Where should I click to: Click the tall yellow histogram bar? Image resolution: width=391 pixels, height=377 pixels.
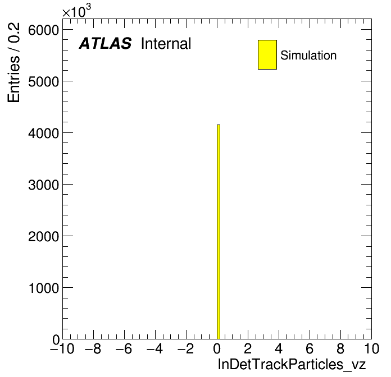219,232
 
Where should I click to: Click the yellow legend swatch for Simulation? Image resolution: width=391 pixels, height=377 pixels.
267,54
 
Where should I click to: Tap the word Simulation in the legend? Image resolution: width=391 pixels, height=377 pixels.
308,56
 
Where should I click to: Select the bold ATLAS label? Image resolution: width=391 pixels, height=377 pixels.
105,43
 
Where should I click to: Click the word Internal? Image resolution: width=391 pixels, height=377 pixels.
166,44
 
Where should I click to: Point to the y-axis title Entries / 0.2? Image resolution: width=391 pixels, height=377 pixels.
13,62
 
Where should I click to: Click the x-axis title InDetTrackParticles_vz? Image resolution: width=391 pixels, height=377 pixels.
292,364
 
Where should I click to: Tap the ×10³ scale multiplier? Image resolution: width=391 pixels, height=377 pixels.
76,11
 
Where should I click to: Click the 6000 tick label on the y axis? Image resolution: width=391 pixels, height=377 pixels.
43,30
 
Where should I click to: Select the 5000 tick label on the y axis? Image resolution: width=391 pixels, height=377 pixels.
43,82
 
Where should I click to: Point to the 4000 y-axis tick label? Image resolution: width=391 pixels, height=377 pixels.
43,134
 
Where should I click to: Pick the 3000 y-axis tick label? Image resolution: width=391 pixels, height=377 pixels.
43,185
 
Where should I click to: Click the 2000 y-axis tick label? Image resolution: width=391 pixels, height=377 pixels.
43,237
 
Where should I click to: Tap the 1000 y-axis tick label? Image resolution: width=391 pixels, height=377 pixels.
44,288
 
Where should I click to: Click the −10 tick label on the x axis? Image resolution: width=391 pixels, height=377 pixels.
62,348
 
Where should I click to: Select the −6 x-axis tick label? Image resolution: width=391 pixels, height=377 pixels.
124,348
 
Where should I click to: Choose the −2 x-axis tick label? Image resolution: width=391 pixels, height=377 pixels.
185,348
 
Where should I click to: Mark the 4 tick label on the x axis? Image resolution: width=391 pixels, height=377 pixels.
279,348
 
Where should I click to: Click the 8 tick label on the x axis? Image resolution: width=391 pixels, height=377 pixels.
340,348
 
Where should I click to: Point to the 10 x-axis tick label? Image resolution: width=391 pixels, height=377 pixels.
372,348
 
